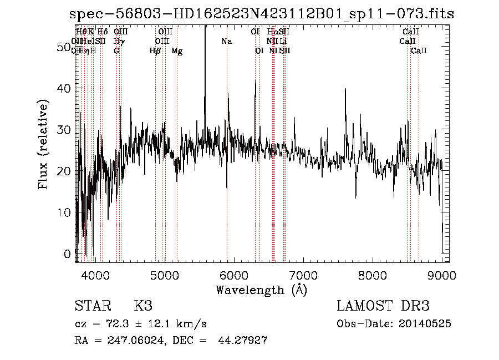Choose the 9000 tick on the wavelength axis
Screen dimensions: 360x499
coord(442,275)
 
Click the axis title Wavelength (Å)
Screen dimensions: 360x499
coord(261,290)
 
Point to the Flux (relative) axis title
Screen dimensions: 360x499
coord(43,144)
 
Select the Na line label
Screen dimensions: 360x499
coord(226,42)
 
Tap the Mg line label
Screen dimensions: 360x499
coord(177,51)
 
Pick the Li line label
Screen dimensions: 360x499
coord(283,42)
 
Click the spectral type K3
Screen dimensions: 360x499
coord(143,306)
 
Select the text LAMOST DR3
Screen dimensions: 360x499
coord(383,306)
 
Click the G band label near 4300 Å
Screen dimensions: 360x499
coord(116,51)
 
